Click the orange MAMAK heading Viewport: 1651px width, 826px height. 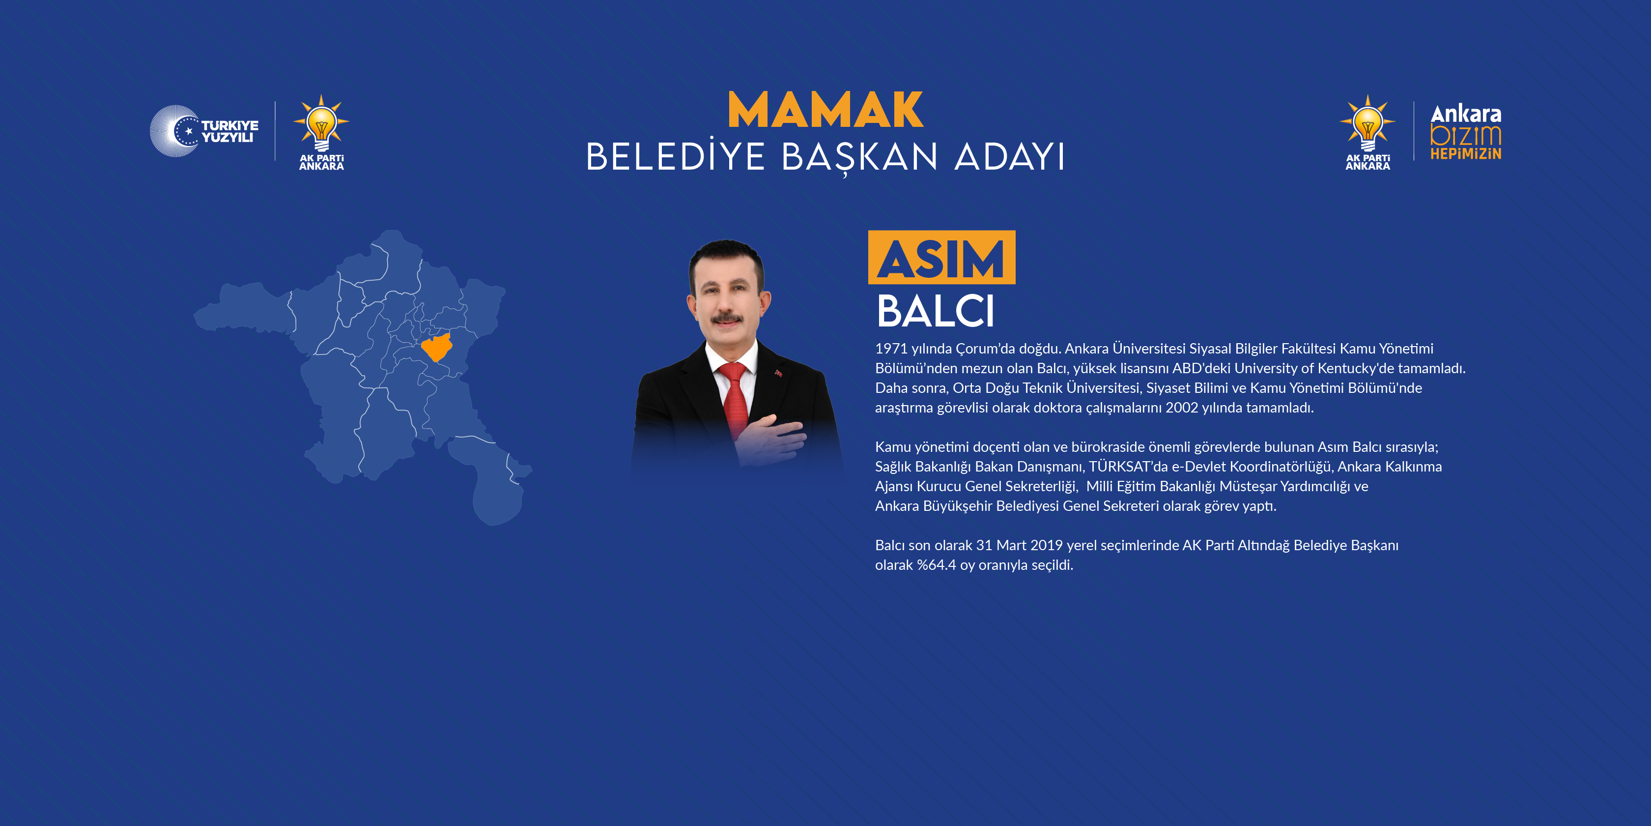(x=825, y=110)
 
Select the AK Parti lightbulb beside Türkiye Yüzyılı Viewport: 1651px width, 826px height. (x=321, y=124)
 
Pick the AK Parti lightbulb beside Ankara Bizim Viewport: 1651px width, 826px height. (x=1367, y=124)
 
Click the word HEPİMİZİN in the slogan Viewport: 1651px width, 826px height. (x=1466, y=154)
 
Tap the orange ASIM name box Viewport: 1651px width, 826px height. (x=941, y=258)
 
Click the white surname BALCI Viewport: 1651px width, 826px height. (x=935, y=312)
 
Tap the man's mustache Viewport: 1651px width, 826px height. (x=727, y=318)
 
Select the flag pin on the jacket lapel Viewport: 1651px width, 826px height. (x=779, y=373)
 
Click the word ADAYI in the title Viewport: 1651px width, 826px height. (x=1009, y=157)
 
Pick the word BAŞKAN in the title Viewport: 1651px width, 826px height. (x=859, y=157)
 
